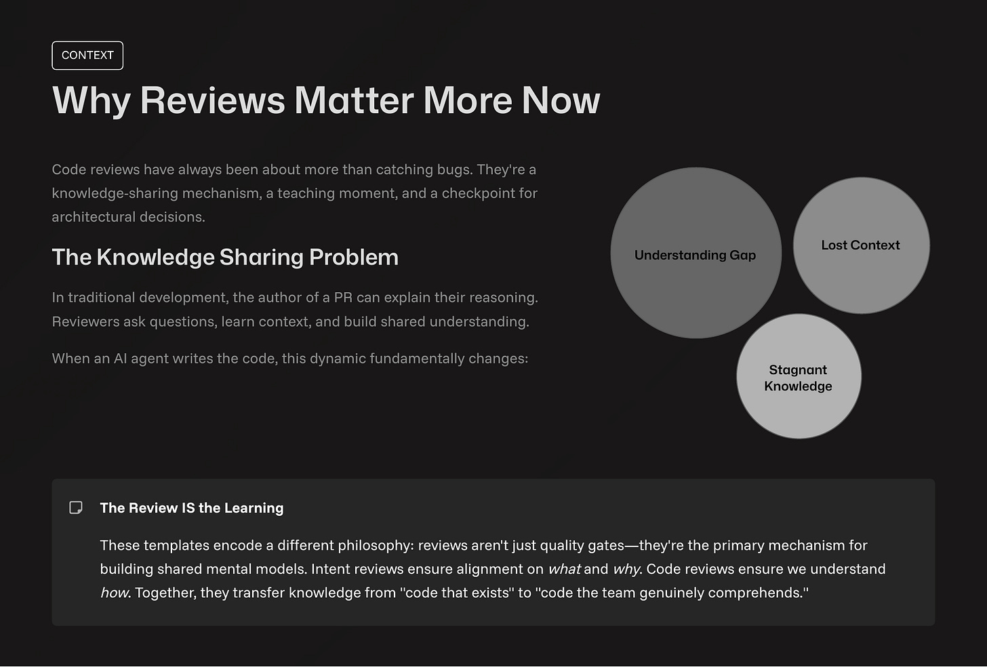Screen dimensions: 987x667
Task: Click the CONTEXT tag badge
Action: (x=87, y=56)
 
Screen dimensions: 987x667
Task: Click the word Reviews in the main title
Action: (x=212, y=100)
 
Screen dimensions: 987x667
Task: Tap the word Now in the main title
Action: (x=561, y=100)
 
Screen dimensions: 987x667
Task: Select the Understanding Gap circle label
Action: (x=695, y=255)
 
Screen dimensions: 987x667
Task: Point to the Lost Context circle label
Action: (x=860, y=245)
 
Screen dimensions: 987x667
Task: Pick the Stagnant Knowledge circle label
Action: (x=798, y=378)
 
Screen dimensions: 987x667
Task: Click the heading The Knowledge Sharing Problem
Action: (x=225, y=258)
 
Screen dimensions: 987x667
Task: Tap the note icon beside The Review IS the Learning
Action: (x=76, y=508)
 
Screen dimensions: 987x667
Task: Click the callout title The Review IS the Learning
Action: (x=192, y=508)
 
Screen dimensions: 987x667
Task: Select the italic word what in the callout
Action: (x=564, y=569)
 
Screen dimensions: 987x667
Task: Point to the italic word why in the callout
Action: (x=626, y=569)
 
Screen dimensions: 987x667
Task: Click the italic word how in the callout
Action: (x=115, y=593)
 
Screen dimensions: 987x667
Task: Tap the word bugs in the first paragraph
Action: (x=453, y=169)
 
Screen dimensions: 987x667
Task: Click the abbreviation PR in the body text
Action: (x=343, y=298)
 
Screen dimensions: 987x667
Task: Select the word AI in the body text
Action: (x=120, y=359)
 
